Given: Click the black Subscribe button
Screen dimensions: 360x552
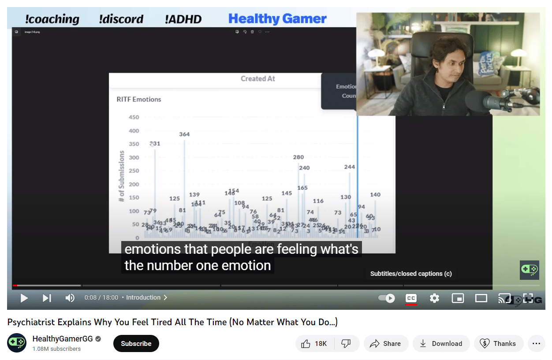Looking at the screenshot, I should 136,344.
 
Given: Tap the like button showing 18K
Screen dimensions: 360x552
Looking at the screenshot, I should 314,344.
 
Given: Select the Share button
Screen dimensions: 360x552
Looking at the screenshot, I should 386,344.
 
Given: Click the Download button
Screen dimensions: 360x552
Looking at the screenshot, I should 440,344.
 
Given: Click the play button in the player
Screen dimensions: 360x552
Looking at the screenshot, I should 24,298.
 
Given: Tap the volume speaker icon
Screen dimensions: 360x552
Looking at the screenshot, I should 70,298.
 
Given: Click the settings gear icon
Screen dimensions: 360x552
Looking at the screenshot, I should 434,298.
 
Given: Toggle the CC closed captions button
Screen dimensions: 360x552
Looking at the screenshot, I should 411,298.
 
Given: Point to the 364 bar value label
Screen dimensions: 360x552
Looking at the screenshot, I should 184,134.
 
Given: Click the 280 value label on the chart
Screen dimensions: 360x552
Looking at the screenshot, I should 298,157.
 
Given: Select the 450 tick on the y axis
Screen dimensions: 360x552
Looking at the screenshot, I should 134,117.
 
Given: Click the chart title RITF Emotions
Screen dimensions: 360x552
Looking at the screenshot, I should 139,100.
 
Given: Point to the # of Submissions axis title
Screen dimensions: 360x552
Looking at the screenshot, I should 122,176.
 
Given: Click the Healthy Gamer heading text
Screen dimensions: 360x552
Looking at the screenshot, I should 277,19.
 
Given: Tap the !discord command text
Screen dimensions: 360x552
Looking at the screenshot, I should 121,19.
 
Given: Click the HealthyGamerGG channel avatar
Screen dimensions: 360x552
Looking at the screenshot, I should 17,343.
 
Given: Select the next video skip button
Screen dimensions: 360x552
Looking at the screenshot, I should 47,298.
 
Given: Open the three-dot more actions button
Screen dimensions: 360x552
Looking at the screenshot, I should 536,344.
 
